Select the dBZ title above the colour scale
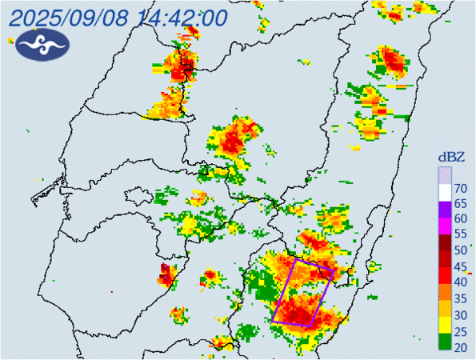453,157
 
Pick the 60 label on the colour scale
461,219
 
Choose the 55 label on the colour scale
461,234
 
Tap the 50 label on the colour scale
461,250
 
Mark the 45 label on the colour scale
461,266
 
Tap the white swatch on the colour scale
444,192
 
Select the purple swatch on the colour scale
444,210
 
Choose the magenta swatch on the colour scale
444,227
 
